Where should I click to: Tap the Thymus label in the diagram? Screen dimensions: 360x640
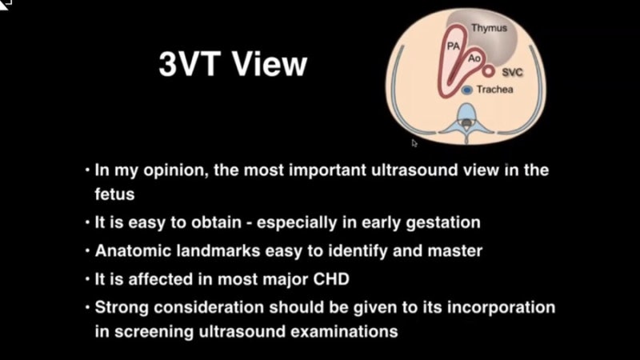[488, 28]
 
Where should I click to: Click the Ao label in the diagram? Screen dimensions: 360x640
[474, 58]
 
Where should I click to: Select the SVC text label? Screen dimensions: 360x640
[512, 73]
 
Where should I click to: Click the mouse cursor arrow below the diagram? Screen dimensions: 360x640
[414, 143]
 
